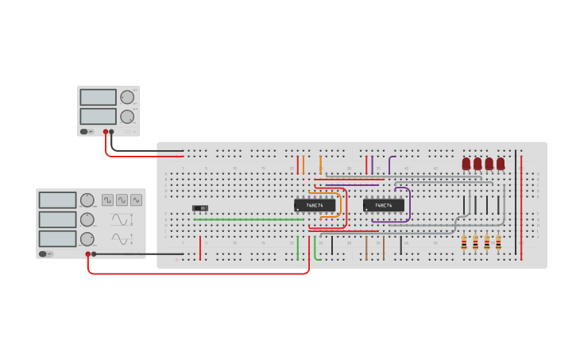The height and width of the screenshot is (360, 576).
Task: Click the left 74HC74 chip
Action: [315, 205]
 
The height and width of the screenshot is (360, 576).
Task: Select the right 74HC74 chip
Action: [383, 205]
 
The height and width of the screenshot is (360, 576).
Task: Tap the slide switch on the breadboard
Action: [200, 208]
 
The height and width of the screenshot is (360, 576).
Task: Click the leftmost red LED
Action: [466, 163]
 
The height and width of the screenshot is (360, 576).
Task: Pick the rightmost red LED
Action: [501, 163]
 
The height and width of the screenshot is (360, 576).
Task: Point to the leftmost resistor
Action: [464, 242]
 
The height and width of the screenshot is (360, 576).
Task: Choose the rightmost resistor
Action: [498, 242]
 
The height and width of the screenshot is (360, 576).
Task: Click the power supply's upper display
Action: [98, 97]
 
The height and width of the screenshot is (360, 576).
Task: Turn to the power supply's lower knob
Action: [127, 116]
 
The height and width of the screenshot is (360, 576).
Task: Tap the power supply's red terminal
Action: [105, 132]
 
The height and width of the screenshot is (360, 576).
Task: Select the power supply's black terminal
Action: [111, 132]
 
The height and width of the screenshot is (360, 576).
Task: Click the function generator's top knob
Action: [87, 200]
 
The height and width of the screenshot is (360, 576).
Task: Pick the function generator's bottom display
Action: [57, 238]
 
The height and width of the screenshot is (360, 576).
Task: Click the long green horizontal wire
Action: [246, 219]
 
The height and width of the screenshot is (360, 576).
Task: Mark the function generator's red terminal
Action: [88, 254]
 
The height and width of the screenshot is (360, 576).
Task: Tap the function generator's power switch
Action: [49, 254]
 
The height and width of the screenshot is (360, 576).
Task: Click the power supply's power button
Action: [84, 132]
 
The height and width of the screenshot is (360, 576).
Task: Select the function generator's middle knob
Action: [87, 219]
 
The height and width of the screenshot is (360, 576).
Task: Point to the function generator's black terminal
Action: [95, 254]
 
